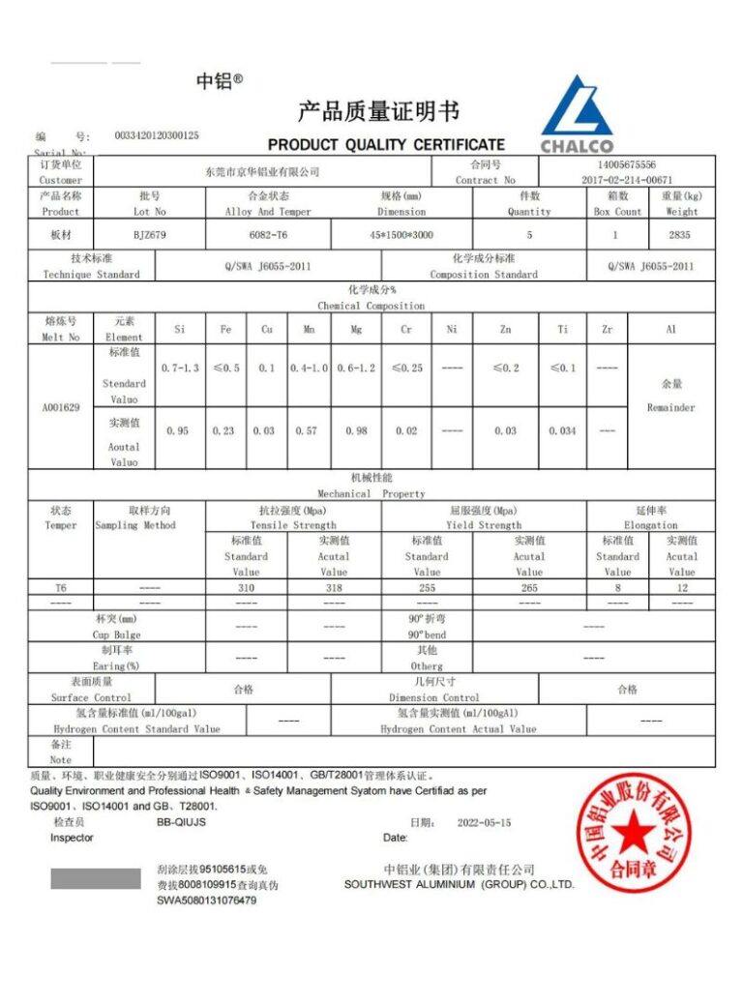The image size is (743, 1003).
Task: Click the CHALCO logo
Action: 577,114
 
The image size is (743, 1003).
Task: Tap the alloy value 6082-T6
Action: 267,234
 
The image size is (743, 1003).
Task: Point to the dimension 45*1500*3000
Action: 401,234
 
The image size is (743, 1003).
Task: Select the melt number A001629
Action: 60,407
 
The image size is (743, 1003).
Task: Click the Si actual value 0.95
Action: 179,430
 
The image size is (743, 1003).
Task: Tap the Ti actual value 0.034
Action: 562,430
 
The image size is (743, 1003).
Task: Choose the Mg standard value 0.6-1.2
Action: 356,369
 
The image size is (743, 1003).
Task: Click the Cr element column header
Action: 406,330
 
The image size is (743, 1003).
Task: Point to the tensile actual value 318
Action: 334,587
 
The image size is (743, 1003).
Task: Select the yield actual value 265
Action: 529,587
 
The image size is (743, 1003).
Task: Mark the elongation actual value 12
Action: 681,587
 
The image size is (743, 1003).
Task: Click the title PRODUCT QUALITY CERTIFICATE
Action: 386,145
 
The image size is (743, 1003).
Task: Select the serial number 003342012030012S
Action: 156,136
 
